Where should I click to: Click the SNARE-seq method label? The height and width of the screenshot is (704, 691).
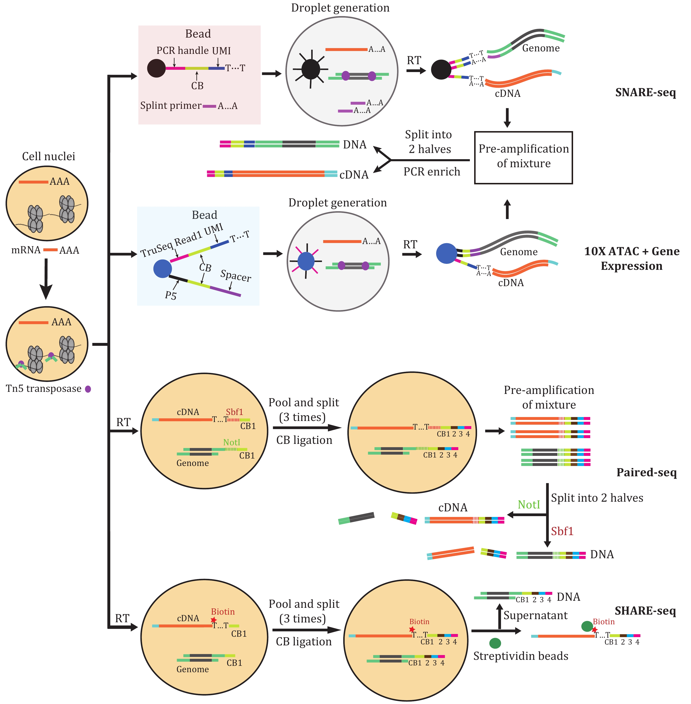point(645,92)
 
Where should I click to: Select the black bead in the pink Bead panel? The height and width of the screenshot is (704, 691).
point(156,68)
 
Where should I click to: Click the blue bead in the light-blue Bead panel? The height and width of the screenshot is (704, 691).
point(162,269)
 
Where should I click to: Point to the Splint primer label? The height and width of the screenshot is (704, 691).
point(171,106)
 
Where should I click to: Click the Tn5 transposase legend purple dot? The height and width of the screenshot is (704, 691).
point(88,389)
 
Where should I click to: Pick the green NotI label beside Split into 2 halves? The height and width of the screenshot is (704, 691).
point(528,504)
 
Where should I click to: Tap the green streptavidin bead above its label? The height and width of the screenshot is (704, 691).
point(495,643)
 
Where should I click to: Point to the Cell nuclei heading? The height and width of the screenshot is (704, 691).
point(49,156)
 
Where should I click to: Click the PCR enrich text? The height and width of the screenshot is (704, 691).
point(431,171)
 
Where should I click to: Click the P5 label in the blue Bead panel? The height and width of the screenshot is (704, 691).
point(171,295)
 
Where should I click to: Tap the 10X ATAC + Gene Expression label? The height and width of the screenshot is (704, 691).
point(632,258)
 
